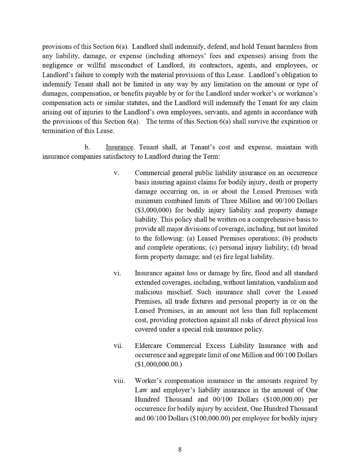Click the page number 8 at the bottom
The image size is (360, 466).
pos(180,449)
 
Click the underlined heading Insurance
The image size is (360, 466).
pos(119,148)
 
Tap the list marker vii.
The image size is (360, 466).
pos(118,346)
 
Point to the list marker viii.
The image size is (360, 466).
pos(119,381)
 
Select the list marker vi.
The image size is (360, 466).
pos(117,273)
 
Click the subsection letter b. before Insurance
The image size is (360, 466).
pos(87,148)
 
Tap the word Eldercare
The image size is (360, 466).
pos(148,346)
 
